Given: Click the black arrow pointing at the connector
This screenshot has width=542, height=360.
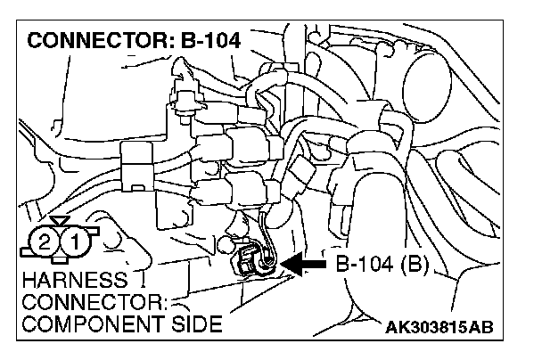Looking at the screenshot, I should click(x=303, y=265).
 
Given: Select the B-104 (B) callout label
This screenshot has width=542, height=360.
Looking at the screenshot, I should click(x=382, y=265).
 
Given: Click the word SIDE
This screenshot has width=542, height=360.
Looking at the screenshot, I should click(x=195, y=323).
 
